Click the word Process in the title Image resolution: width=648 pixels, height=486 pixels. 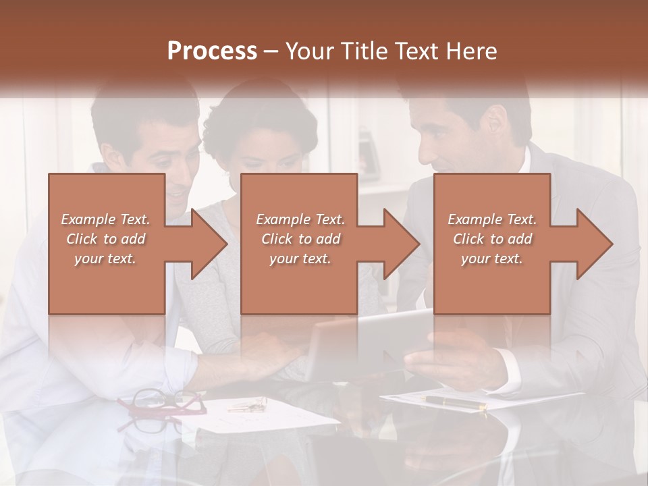tap(212, 51)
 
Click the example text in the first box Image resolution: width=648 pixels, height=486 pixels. tap(106, 239)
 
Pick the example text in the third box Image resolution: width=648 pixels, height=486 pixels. tap(492, 239)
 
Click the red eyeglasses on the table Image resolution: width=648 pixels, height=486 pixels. tap(162, 403)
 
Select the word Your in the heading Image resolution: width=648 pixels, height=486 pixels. tap(308, 51)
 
